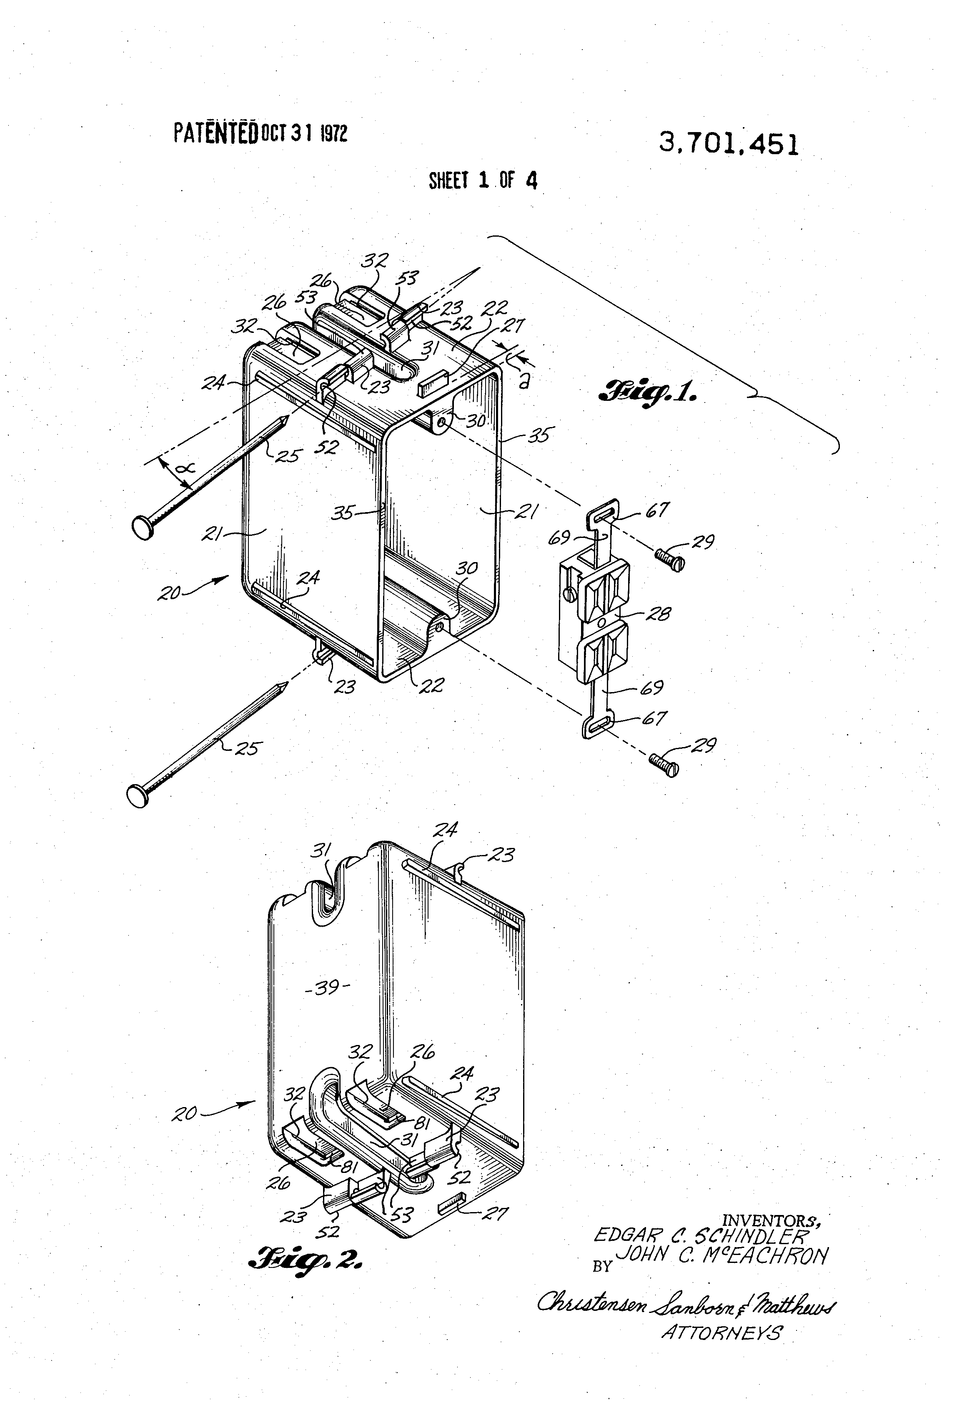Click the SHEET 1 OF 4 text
(x=483, y=180)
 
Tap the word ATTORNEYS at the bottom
(x=721, y=1350)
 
